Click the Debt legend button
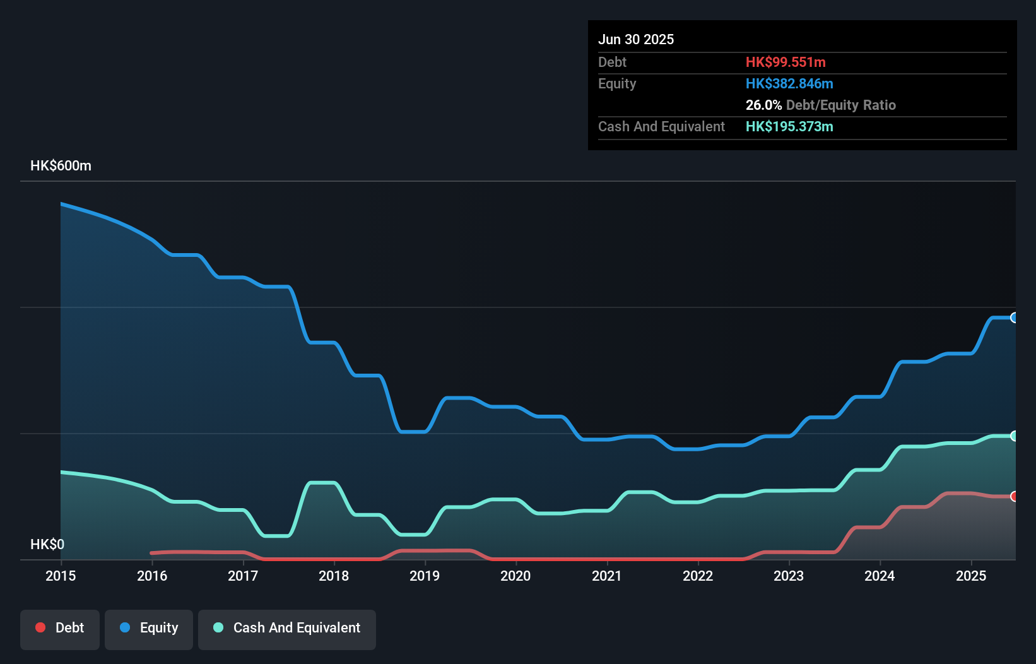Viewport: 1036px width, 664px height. [x=60, y=629]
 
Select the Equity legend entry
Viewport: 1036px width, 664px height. [x=149, y=629]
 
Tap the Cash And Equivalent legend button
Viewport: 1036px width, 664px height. [x=287, y=629]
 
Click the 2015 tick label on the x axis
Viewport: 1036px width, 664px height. [x=61, y=576]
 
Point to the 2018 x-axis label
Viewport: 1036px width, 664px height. [x=334, y=576]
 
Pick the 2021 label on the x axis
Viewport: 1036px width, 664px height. [x=607, y=576]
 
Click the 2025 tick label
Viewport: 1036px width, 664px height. [x=971, y=576]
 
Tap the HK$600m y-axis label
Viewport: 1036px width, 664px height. [x=61, y=166]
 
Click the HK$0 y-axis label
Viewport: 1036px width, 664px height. [x=47, y=544]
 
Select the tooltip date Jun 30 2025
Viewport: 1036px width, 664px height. [x=636, y=39]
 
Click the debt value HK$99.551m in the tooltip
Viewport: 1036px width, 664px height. [x=786, y=62]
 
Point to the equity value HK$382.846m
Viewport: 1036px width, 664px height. [x=789, y=83]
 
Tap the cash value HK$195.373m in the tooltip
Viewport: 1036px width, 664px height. [x=789, y=126]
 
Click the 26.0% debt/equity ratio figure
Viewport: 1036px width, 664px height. [x=763, y=105]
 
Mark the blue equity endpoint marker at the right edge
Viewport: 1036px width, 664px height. [x=1014, y=317]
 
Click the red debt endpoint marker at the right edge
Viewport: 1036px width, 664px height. [x=1014, y=496]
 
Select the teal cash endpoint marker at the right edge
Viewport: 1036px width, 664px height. [x=1014, y=436]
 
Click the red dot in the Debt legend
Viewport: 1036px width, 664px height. [x=40, y=627]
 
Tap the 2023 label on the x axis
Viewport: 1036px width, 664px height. [x=789, y=576]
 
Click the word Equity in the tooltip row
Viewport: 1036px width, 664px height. [x=617, y=83]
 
